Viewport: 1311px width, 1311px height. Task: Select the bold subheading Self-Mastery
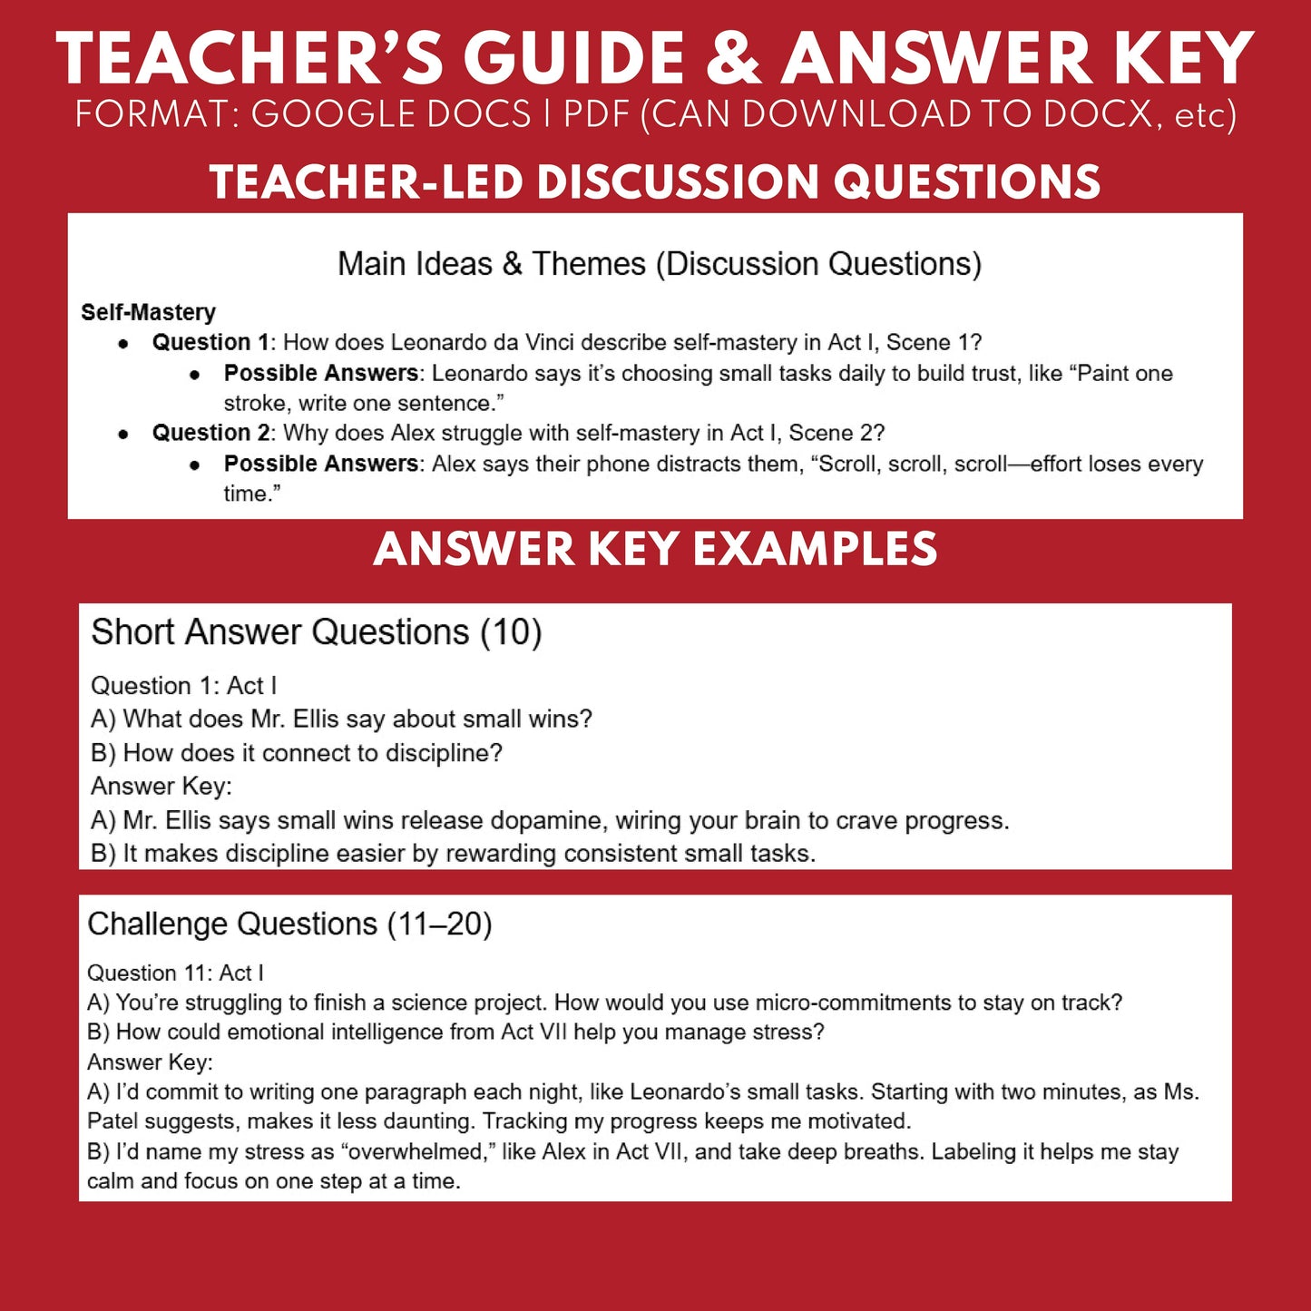148,312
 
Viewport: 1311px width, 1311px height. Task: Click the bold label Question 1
210,342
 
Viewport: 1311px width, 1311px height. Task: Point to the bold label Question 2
210,433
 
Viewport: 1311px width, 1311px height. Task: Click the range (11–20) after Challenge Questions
439,924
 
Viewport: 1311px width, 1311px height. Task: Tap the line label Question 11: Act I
175,973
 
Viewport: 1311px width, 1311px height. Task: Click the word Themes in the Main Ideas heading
589,264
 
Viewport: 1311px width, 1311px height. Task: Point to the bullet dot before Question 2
124,434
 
